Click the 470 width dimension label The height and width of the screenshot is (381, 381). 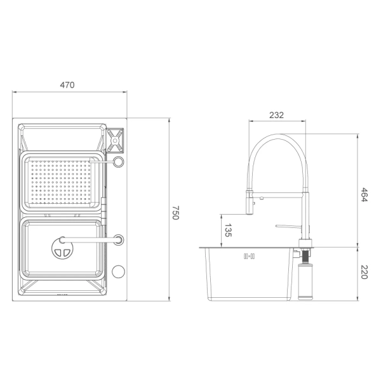tap(67, 85)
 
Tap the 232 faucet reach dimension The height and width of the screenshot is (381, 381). tap(276, 115)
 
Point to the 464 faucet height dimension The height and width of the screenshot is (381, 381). tap(364, 194)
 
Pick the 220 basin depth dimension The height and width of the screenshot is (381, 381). tap(364, 274)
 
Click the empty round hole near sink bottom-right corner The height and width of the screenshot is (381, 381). tap(119, 272)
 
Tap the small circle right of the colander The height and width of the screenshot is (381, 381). tap(118, 163)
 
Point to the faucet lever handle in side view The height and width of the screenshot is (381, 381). tap(288, 226)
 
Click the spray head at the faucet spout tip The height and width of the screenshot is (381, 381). tap(250, 206)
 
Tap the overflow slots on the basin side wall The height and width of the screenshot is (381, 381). tap(248, 257)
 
